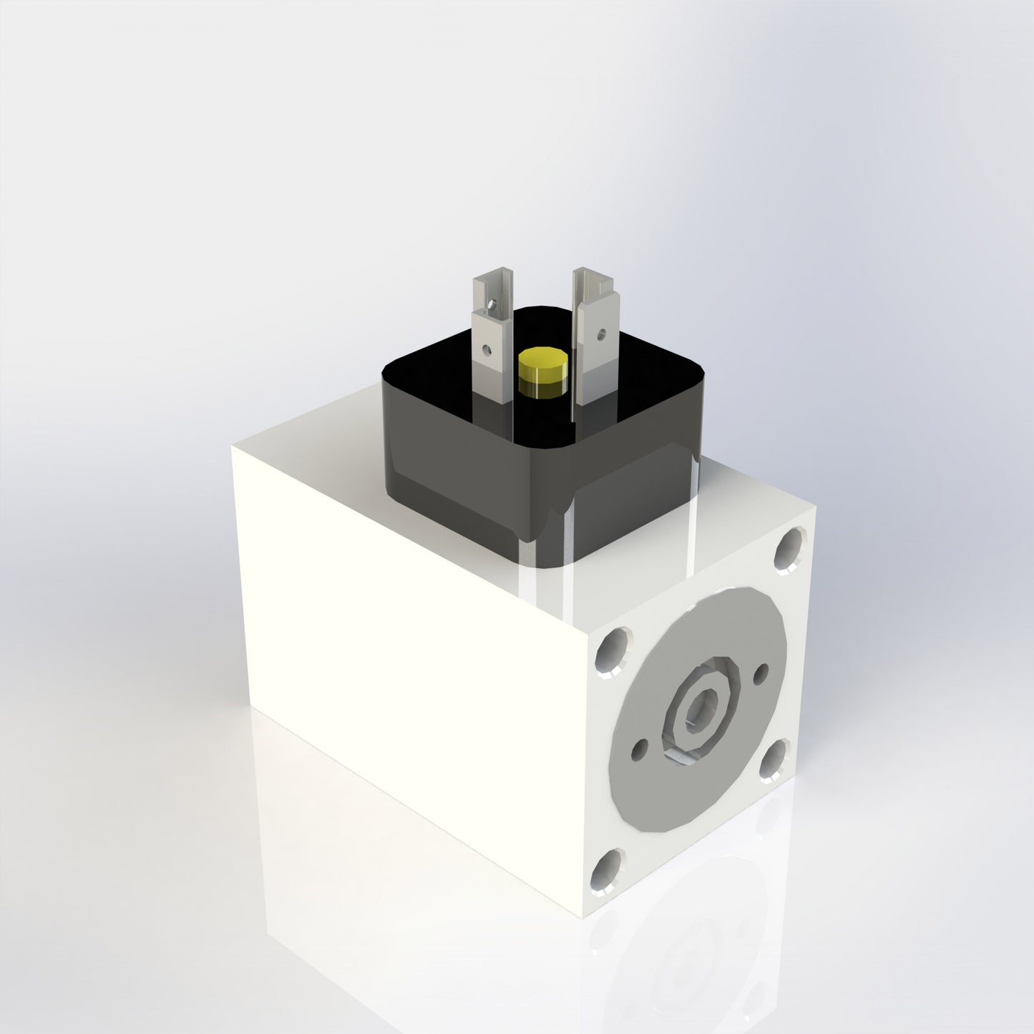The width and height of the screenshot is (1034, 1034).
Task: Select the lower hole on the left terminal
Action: (487, 350)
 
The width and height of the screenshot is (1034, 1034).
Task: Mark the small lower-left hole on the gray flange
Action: (639, 749)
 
